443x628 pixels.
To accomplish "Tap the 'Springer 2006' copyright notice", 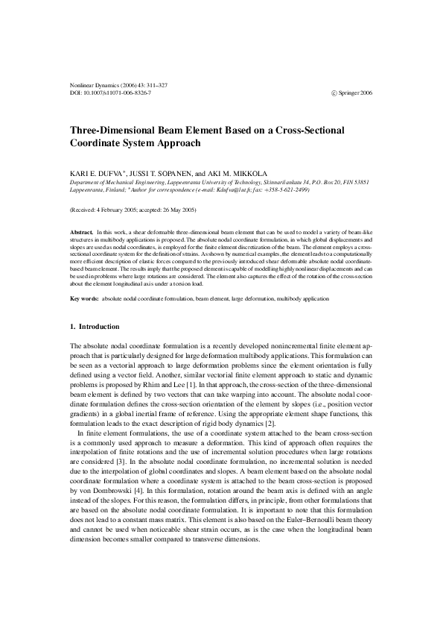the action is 351,92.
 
